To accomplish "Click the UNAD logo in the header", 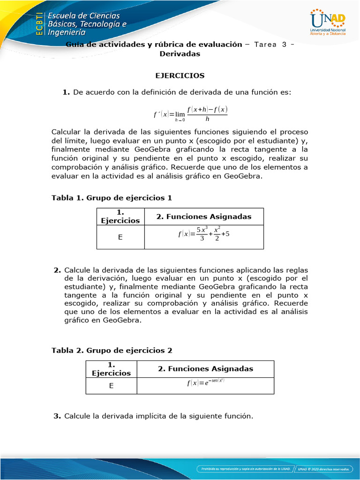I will coord(328,22).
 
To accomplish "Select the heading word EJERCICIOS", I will coord(180,75).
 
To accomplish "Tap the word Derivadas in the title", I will coord(180,54).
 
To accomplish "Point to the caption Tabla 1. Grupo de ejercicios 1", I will coord(112,198).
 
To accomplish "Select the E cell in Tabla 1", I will coord(120,237).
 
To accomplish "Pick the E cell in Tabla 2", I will coord(111,386).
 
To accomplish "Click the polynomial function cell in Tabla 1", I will coord(204,234).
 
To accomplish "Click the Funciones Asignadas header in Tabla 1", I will coord(204,217).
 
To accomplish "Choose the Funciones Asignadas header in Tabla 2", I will coord(205,369).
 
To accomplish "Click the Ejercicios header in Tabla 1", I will coord(120,217).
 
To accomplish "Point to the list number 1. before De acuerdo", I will coord(66,92).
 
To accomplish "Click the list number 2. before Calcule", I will coord(57,270).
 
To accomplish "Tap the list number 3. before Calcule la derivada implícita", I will coord(57,416).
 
